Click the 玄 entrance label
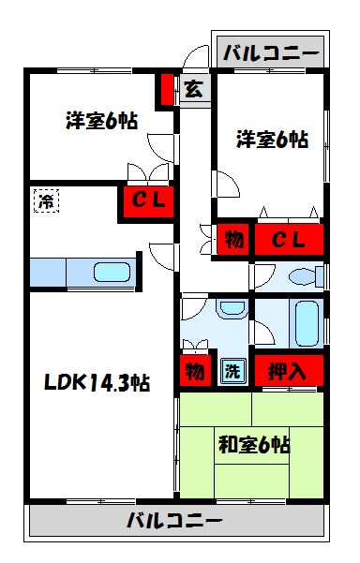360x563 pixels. coord(193,90)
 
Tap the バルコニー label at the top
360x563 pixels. coord(271,52)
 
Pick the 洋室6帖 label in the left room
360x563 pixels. coord(101,121)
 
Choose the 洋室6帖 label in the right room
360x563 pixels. coord(272,140)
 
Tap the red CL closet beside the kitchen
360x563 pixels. coord(146,200)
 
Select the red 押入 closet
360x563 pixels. coord(288,370)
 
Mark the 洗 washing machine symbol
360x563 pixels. coord(231,371)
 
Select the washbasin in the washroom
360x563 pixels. coord(230,311)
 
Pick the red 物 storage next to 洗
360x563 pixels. coord(194,371)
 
